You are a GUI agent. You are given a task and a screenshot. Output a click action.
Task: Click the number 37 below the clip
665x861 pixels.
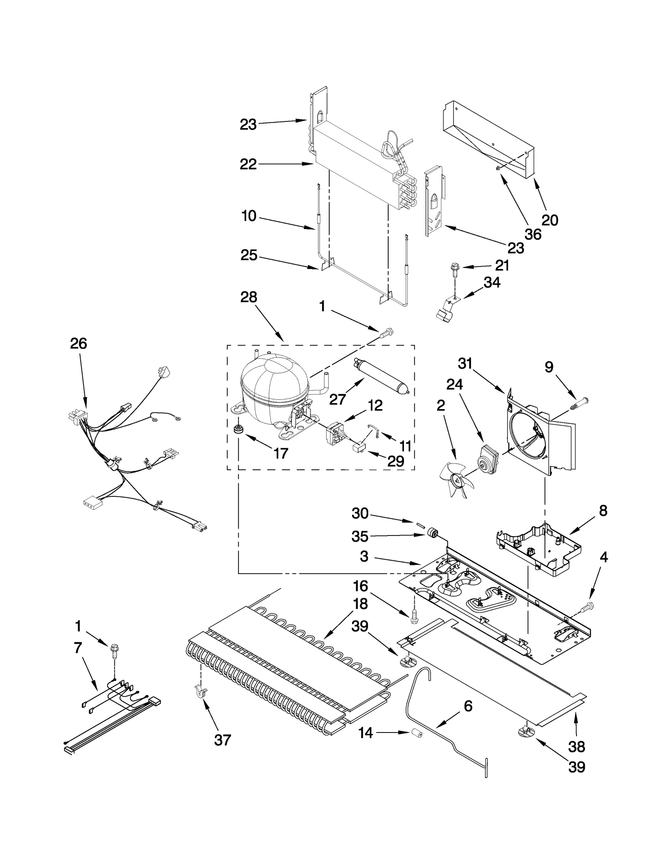point(222,740)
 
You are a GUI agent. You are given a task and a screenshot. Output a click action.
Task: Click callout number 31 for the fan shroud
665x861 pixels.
point(465,363)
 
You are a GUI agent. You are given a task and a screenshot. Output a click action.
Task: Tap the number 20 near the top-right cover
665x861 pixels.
point(549,220)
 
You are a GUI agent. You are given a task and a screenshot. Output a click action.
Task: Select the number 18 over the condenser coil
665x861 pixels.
point(360,604)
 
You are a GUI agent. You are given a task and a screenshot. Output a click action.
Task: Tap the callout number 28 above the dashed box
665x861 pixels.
point(249,297)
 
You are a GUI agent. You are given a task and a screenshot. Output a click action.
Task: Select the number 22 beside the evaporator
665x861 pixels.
point(248,164)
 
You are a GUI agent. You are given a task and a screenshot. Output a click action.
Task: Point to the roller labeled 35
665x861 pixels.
point(433,533)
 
